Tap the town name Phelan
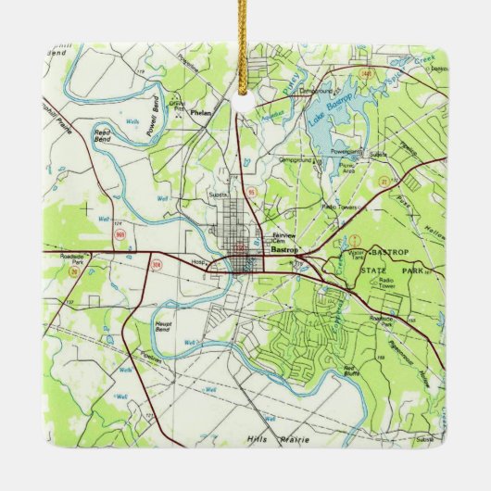click(x=200, y=112)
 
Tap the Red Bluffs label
click(x=350, y=372)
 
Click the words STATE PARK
click(x=389, y=269)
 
